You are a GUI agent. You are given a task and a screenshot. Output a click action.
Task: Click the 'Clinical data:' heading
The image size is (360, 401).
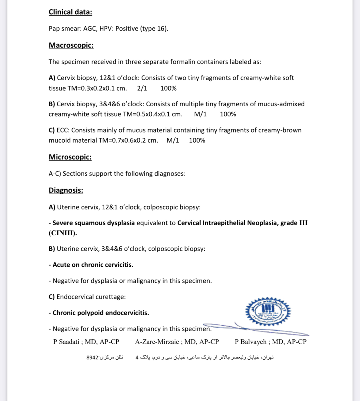pos(70,12)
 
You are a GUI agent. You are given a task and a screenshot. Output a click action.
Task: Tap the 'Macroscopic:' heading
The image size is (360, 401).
pos(71,45)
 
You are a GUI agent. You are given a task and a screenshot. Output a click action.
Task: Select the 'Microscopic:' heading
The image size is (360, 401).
pos(70,157)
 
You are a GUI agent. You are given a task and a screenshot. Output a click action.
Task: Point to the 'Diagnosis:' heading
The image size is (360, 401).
pos(66,190)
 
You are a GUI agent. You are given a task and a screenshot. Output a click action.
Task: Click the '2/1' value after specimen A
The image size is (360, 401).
pos(142,88)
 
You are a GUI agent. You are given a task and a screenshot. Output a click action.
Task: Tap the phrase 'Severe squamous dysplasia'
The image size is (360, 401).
pos(94,223)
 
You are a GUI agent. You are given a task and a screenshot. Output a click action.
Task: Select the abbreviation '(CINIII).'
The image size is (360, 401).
pos(63,233)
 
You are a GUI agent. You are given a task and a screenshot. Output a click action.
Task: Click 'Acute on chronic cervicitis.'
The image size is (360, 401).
pos(93,265)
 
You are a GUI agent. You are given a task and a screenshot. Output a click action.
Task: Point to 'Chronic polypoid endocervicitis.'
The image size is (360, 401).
pos(101,313)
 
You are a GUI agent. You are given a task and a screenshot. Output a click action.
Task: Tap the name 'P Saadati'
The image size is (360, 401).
pos(66,342)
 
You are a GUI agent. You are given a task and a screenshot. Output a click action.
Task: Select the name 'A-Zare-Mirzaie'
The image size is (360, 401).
pos(157,342)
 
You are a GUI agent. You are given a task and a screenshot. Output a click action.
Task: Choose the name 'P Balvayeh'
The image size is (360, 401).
pos(250,342)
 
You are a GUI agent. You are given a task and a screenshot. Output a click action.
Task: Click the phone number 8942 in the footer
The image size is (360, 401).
pos(92,358)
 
